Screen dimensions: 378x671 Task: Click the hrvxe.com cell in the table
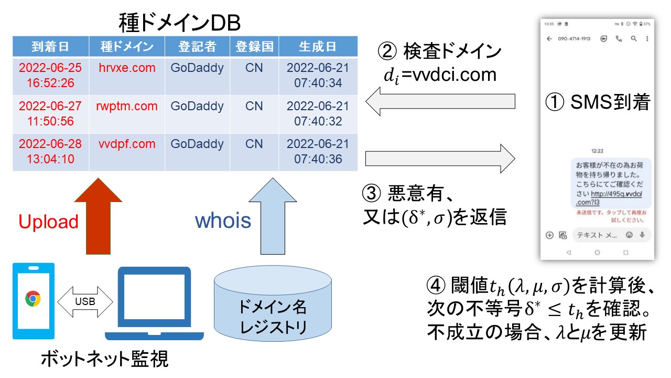coord(127,68)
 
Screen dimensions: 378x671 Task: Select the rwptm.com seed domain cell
coord(127,106)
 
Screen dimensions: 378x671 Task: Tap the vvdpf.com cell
coord(127,144)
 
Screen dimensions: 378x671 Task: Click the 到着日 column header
coord(50,47)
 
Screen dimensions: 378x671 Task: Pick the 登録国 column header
coord(254,47)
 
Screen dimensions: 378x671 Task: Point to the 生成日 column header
coord(318,47)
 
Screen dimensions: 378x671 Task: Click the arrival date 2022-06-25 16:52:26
coord(50,75)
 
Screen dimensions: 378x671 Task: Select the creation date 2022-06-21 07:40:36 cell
coord(318,151)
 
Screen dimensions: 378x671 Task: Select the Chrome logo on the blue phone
coord(33,299)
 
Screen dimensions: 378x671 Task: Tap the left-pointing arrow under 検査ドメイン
coord(440,102)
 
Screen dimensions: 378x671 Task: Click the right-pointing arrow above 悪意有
coord(440,157)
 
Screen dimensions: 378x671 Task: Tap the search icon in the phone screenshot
coord(634,39)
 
